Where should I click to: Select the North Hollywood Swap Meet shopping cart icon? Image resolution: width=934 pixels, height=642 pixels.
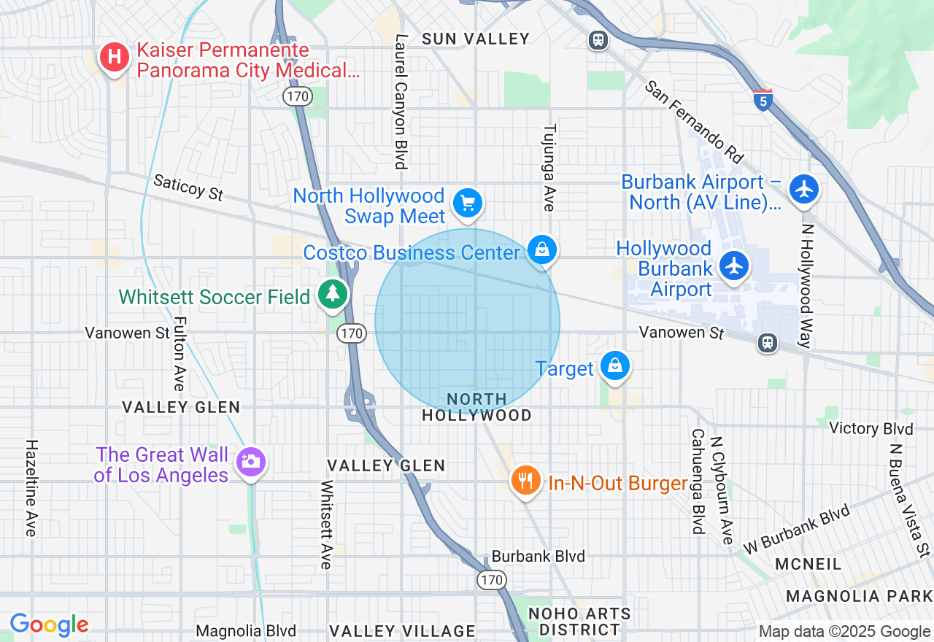468,204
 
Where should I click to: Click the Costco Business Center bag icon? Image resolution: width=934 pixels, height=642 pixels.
542,250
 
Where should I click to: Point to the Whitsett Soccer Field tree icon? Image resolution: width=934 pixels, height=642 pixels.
333,294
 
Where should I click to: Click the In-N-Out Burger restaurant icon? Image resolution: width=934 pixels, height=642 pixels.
525,481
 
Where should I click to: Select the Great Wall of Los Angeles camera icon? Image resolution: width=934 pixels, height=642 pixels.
250,462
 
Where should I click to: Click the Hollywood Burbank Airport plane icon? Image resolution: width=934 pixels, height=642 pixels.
734,265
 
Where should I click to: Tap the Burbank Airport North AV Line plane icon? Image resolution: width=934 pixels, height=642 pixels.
804,189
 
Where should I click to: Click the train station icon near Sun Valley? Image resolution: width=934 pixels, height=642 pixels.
598,40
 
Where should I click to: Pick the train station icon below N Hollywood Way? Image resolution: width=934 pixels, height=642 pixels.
767,342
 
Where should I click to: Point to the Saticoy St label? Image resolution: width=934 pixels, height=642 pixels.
188,187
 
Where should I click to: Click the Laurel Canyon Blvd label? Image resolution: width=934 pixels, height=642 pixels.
400,101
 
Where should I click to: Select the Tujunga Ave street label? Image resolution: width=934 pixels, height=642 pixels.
549,167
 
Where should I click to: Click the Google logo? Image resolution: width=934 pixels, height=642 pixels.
49,625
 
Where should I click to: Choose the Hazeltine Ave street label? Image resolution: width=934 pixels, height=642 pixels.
31,487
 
